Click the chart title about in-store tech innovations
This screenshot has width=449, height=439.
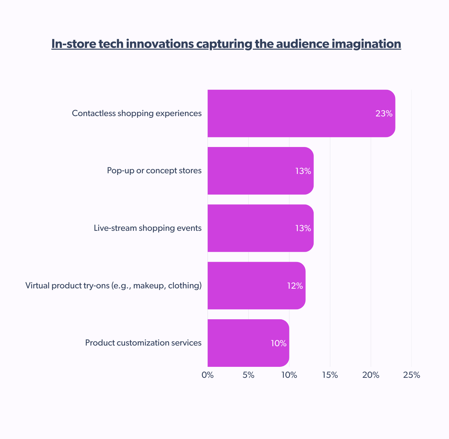[226, 44]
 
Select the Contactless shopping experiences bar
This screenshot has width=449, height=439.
[301, 113]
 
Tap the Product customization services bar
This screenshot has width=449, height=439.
[248, 343]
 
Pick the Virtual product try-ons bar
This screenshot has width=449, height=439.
[256, 286]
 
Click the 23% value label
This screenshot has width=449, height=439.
[384, 113]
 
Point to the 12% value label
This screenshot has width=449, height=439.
[295, 286]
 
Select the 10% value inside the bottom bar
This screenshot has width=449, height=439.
[279, 343]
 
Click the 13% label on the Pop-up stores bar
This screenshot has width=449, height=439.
[303, 171]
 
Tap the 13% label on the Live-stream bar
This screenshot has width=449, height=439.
[303, 228]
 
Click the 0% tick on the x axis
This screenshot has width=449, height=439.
[208, 375]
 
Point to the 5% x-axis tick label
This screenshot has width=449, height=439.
[248, 375]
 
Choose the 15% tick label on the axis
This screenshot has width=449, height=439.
[330, 375]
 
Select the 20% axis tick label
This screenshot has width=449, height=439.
[371, 375]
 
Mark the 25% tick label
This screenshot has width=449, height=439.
[412, 375]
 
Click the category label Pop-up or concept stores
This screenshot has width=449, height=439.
[154, 171]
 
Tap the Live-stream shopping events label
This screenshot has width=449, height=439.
[148, 228]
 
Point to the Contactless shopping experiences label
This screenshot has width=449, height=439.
[137, 113]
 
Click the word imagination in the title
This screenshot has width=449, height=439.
[367, 44]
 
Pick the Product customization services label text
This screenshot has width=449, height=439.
[143, 343]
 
